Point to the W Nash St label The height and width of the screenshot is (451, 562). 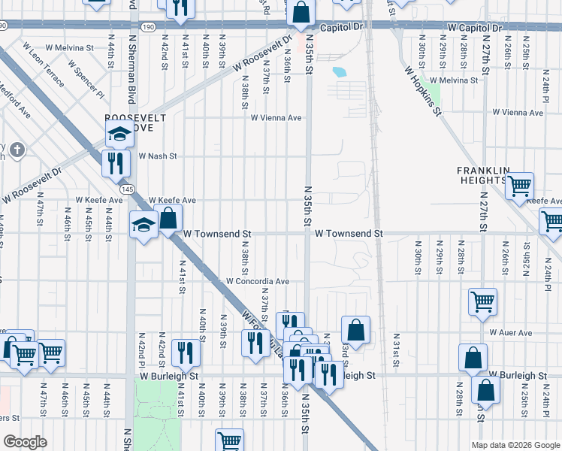pyautogui.click(x=157, y=156)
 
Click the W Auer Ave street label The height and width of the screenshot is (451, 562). pyautogui.click(x=510, y=332)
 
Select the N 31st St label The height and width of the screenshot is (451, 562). pyautogui.click(x=396, y=345)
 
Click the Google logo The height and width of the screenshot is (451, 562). pyautogui.click(x=26, y=442)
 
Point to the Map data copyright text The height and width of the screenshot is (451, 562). pyautogui.click(x=515, y=445)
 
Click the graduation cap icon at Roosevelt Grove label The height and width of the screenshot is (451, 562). pyautogui.click(x=119, y=135)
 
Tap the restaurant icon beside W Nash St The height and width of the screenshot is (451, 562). pyautogui.click(x=115, y=162)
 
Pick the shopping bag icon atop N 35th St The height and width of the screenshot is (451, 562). pyautogui.click(x=301, y=13)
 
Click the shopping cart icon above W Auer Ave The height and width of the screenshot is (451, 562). pyautogui.click(x=482, y=301)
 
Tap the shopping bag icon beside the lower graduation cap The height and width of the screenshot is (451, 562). pyautogui.click(x=168, y=219)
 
